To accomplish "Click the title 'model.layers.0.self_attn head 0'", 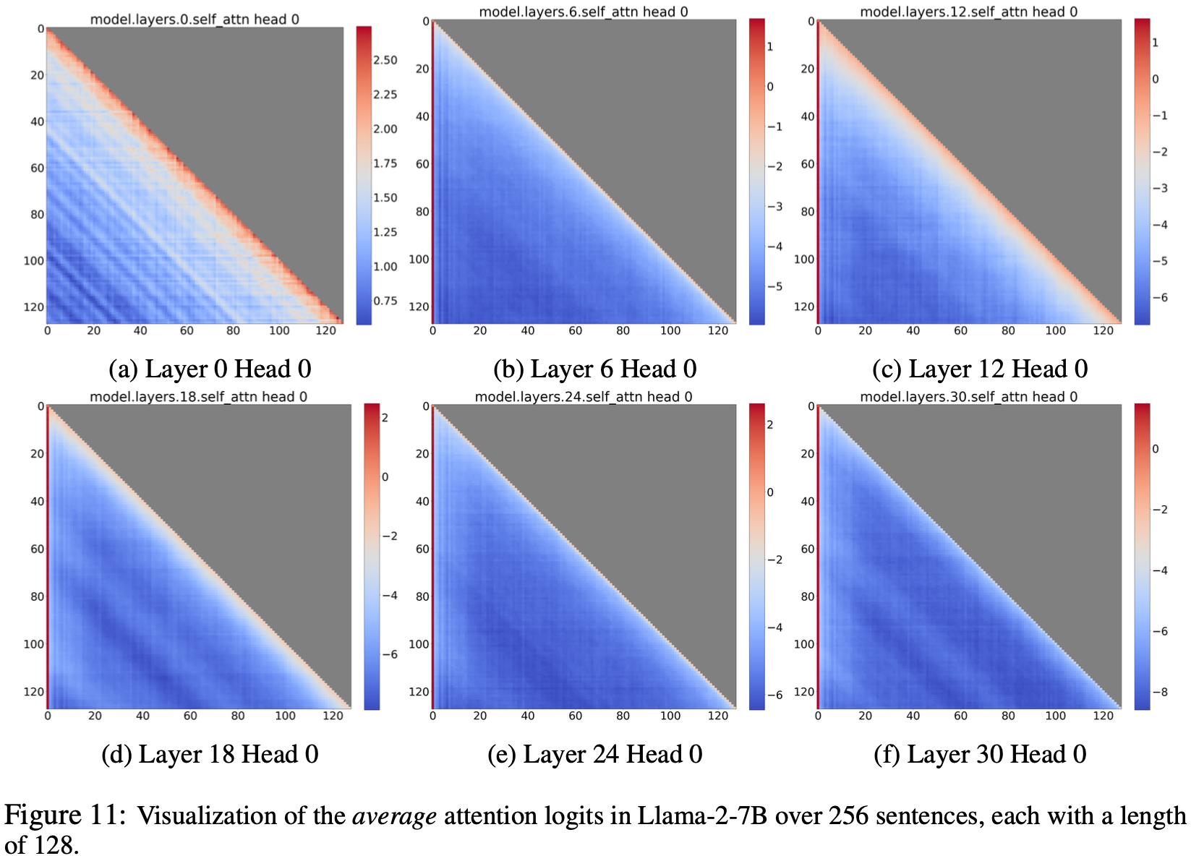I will tap(195, 19).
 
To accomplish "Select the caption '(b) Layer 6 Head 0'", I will tap(594, 369).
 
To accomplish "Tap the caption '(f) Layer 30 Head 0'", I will tap(980, 754).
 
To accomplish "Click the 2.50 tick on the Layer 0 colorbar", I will tap(385, 60).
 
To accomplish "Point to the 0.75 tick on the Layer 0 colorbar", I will tap(385, 301).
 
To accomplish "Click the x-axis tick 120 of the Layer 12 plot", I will tap(1103, 330).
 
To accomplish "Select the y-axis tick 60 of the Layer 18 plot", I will tap(37, 549).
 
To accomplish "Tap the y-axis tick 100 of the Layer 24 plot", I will tap(419, 644).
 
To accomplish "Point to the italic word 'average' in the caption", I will tap(394, 815).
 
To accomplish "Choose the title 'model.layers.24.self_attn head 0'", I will tap(584, 396).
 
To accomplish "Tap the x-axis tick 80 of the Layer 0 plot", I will tap(233, 330).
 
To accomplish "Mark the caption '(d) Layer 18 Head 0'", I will tap(210, 754).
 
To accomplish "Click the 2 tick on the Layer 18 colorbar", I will tap(385, 417).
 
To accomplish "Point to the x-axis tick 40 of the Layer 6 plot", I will tap(528, 330).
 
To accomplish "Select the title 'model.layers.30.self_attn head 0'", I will tap(968, 396).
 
